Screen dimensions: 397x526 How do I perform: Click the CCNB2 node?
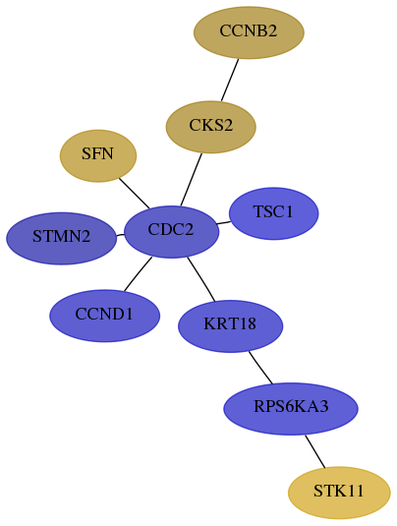[249, 32]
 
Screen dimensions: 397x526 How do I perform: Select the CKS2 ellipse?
[211, 127]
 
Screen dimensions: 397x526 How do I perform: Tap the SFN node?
[98, 156]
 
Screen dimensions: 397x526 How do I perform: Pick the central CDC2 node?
[171, 232]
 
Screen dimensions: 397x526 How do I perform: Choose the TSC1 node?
[273, 213]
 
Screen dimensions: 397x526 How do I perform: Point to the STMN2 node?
[62, 238]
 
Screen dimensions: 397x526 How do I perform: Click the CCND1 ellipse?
[104, 316]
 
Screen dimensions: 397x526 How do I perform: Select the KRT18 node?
[230, 326]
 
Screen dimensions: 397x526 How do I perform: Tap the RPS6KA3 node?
[291, 409]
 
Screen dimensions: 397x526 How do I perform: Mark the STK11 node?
[339, 493]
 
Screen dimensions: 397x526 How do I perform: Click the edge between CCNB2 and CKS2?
[230, 80]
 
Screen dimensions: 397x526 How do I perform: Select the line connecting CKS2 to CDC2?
[191, 180]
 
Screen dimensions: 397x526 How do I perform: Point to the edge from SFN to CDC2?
[134, 194]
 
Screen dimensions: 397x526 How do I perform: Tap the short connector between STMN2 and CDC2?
[120, 235]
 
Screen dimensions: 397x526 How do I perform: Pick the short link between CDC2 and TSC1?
[224, 222]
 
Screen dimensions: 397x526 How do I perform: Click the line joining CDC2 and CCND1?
[138, 273]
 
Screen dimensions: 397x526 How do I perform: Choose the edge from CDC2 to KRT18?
[200, 279]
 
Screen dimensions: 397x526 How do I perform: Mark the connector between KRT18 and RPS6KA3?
[260, 368]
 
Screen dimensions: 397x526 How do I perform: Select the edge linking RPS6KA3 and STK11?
[314, 451]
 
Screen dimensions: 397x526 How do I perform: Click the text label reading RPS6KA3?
[291, 407]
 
